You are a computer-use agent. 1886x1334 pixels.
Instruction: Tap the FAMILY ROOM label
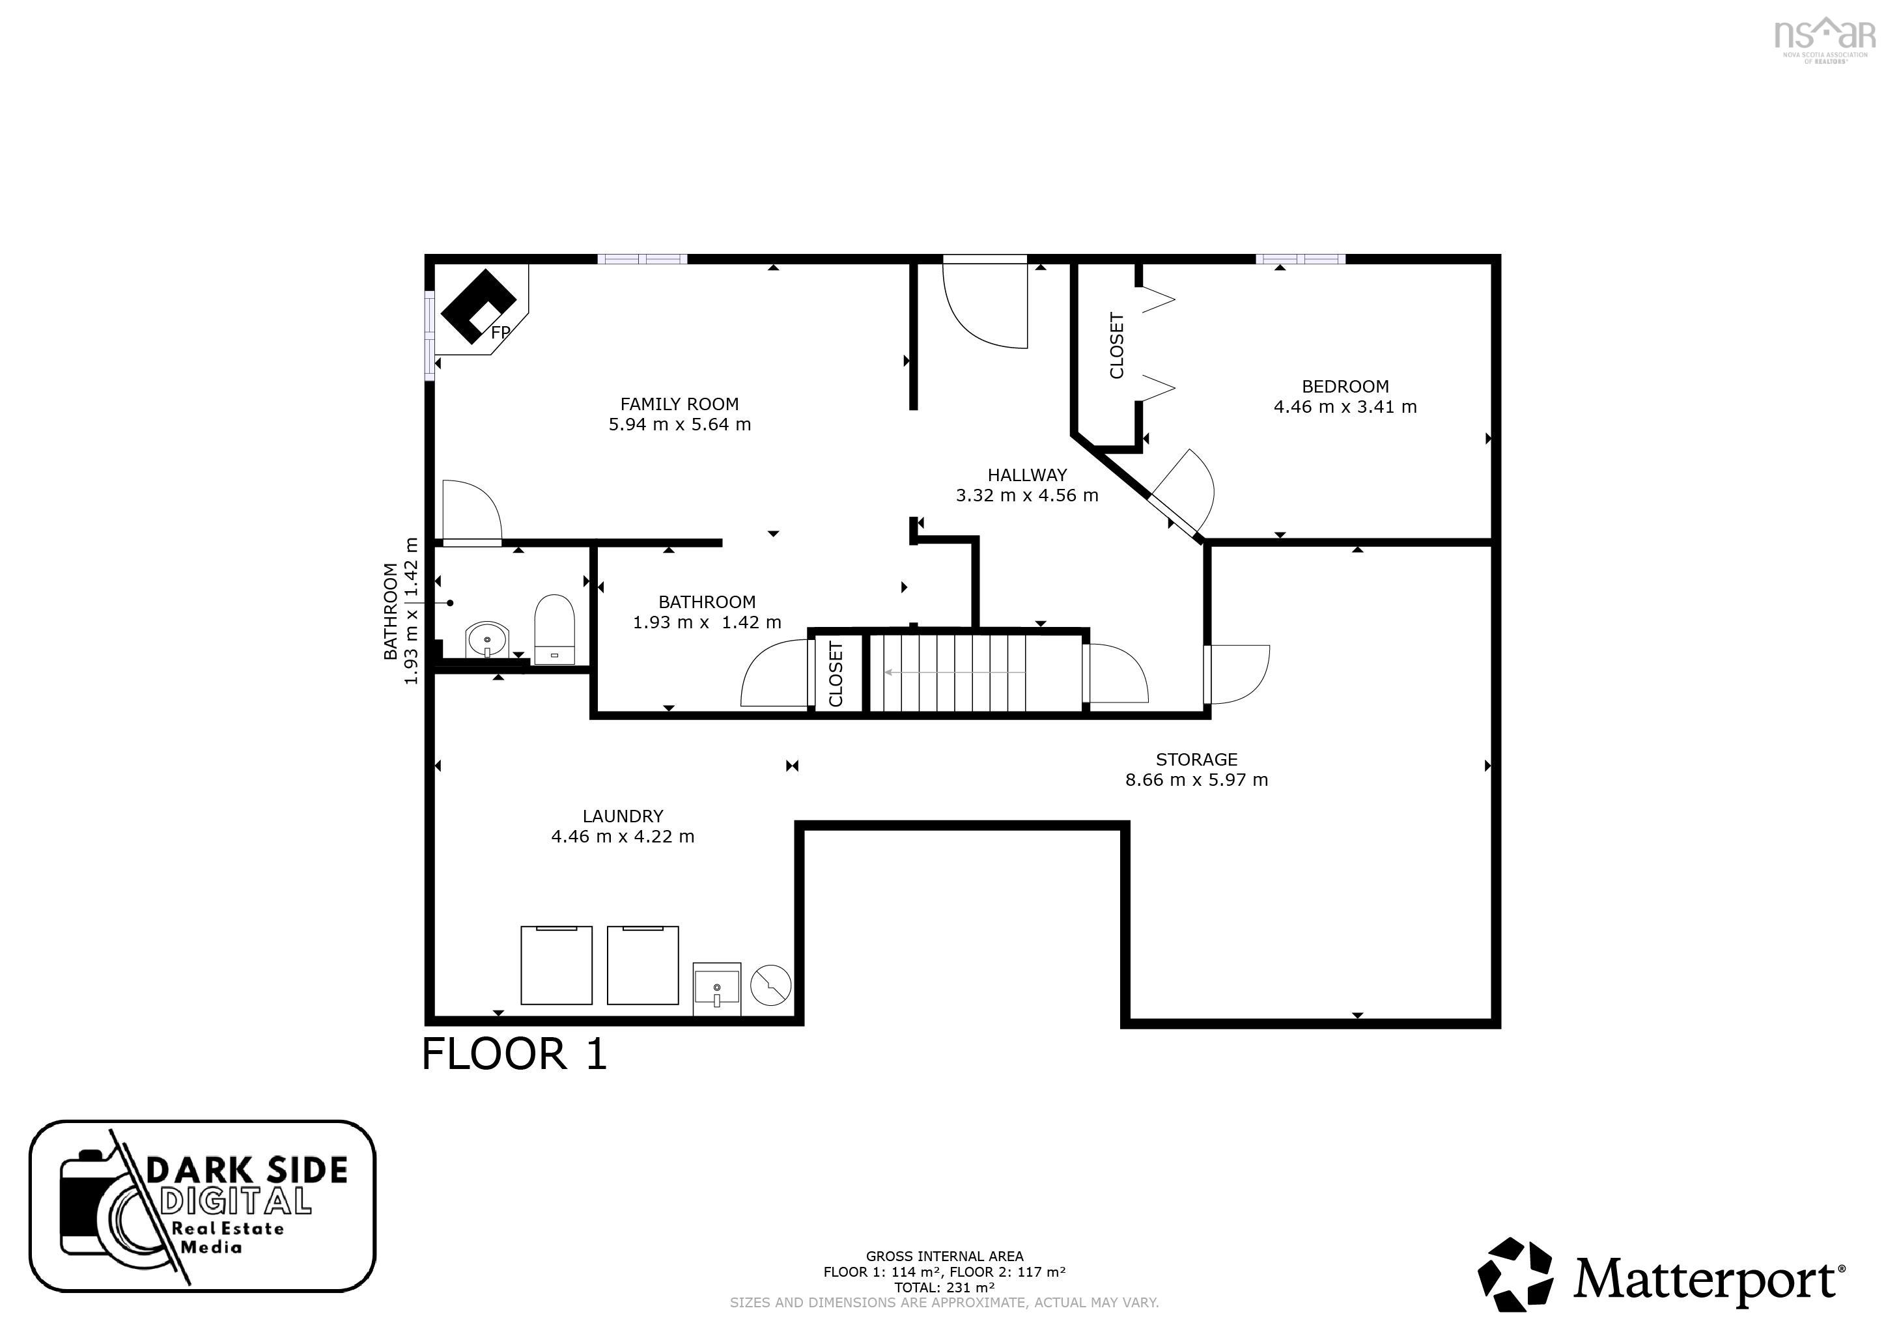679,404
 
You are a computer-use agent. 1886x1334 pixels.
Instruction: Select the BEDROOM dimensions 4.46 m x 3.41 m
1345,408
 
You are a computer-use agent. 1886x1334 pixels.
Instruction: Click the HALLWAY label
1027,475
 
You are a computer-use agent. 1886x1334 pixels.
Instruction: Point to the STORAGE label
1196,760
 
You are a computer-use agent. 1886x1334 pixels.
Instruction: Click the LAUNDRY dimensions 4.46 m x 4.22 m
623,837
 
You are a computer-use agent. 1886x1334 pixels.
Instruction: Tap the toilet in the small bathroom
554,628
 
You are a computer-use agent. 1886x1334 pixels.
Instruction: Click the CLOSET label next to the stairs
836,674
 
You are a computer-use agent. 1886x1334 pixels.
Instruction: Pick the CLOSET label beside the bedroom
1116,346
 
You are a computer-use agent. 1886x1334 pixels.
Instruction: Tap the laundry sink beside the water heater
716,988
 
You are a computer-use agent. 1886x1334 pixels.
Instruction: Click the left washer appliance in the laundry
556,965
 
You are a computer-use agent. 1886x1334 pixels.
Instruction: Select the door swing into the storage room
1239,674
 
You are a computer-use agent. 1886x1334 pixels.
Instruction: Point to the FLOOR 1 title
514,1055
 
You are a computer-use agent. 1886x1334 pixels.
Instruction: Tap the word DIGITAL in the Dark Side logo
236,1201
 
